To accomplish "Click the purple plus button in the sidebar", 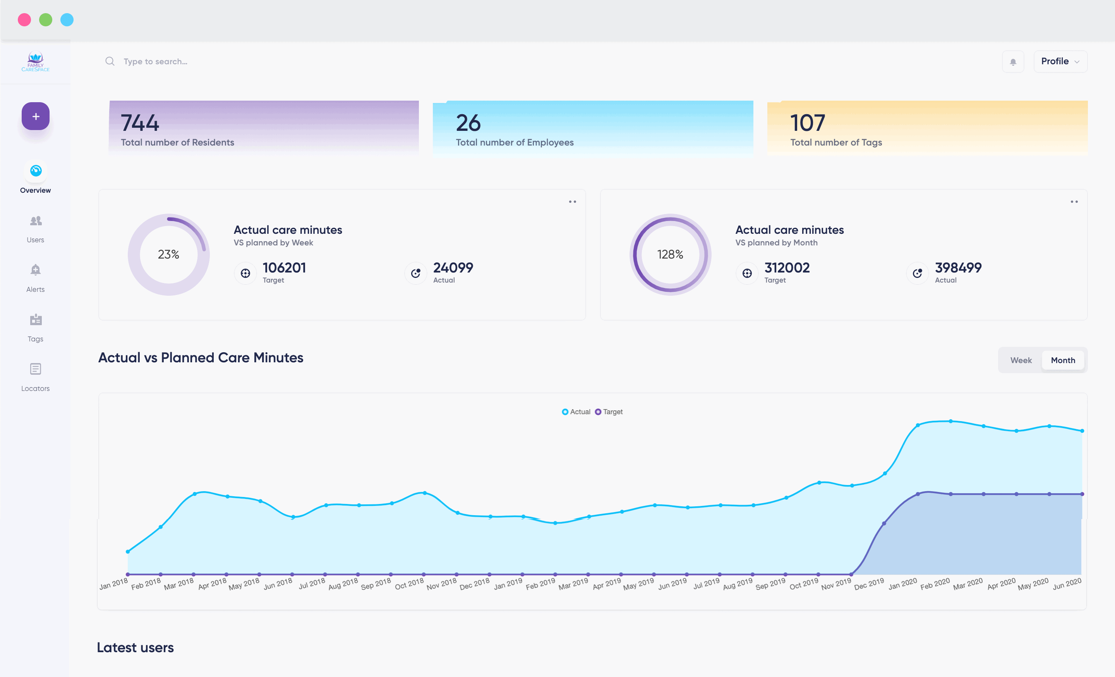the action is pyautogui.click(x=35, y=116).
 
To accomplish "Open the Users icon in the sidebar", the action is pyautogui.click(x=36, y=221).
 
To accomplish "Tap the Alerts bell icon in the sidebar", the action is pyautogui.click(x=35, y=270).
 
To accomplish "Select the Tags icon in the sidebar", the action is pyautogui.click(x=36, y=319).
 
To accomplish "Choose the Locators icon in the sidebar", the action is pyautogui.click(x=36, y=369).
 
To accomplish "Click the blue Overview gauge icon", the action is pyautogui.click(x=36, y=171).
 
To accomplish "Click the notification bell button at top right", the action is pyautogui.click(x=1013, y=62).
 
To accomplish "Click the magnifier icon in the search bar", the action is pyautogui.click(x=110, y=61).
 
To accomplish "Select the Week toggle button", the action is pyautogui.click(x=1021, y=360).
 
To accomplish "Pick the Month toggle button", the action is pyautogui.click(x=1063, y=360).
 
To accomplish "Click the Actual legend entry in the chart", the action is pyautogui.click(x=576, y=412).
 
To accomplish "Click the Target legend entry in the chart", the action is pyautogui.click(x=609, y=412).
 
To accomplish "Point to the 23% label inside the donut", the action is pyautogui.click(x=168, y=254).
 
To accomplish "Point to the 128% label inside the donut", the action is pyautogui.click(x=670, y=254).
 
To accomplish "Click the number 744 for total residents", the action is pyautogui.click(x=140, y=123).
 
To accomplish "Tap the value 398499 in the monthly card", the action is pyautogui.click(x=958, y=267).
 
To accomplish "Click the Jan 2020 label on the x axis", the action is pyautogui.click(x=903, y=584).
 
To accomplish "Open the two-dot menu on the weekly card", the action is pyautogui.click(x=573, y=202).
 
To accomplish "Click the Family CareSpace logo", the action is pyautogui.click(x=35, y=62).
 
